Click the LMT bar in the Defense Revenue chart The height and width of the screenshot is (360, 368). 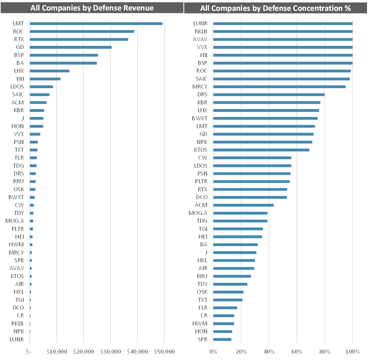pyautogui.click(x=96, y=23)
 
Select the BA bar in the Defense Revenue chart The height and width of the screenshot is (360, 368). pyautogui.click(x=63, y=63)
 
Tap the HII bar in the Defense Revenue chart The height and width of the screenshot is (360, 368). pyautogui.click(x=45, y=79)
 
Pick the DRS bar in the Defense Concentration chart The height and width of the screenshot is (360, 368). pyautogui.click(x=269, y=95)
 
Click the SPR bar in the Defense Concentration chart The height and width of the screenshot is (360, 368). pyautogui.click(x=222, y=339)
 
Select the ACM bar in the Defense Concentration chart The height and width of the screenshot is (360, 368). pyautogui.click(x=244, y=205)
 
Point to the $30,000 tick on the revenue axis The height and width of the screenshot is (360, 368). pyautogui.click(x=111, y=352)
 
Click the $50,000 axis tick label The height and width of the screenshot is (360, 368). pyautogui.click(x=164, y=352)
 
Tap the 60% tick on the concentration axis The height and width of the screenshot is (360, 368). pyautogui.click(x=297, y=352)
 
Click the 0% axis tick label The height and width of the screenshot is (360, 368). pyautogui.click(x=213, y=352)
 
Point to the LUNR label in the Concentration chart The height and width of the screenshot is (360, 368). pyautogui.click(x=200, y=23)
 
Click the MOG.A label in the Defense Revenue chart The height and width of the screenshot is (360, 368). pyautogui.click(x=15, y=221)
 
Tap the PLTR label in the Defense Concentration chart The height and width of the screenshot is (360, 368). pyautogui.click(x=201, y=182)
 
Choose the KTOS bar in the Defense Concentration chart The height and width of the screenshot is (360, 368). pyautogui.click(x=261, y=150)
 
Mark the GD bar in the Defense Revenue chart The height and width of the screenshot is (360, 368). pyautogui.click(x=71, y=47)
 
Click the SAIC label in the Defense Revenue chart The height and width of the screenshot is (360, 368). pyautogui.click(x=18, y=95)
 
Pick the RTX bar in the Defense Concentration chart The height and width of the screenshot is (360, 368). pyautogui.click(x=250, y=189)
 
